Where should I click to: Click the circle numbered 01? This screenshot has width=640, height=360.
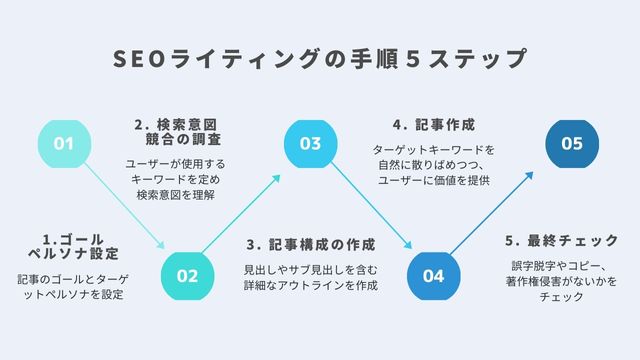65,144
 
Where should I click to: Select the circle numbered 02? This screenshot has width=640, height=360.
188,275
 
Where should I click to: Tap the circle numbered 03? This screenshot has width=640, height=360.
310,144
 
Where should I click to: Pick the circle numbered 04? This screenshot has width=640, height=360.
433,275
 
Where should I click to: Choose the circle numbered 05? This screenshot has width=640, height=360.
571,144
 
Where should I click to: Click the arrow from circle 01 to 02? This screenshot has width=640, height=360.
126,209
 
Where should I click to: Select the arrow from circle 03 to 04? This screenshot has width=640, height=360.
371,209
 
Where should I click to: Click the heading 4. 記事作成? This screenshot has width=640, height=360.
432,125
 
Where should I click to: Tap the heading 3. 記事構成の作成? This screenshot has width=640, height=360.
310,243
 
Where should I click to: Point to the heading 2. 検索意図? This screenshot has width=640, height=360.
176,125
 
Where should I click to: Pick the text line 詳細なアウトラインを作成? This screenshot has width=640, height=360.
311,285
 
